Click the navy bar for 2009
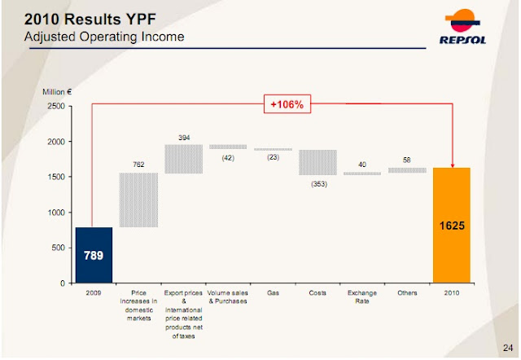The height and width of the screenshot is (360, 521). pyautogui.click(x=94, y=254)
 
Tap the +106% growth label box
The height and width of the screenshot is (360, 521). pyautogui.click(x=287, y=103)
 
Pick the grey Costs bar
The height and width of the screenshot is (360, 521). pyautogui.click(x=317, y=162)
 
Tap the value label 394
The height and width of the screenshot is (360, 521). pyautogui.click(x=183, y=137)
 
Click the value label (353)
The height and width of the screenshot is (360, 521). pyautogui.click(x=317, y=184)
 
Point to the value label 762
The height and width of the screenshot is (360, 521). pyautogui.click(x=138, y=165)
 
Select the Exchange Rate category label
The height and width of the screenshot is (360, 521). pyautogui.click(x=361, y=296)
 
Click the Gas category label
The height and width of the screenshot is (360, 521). pyautogui.click(x=273, y=292)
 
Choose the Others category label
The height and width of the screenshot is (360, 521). pyautogui.click(x=407, y=292)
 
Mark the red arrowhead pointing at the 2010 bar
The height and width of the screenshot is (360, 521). pyautogui.click(x=452, y=164)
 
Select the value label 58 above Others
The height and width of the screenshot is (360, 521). pyautogui.click(x=407, y=160)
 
